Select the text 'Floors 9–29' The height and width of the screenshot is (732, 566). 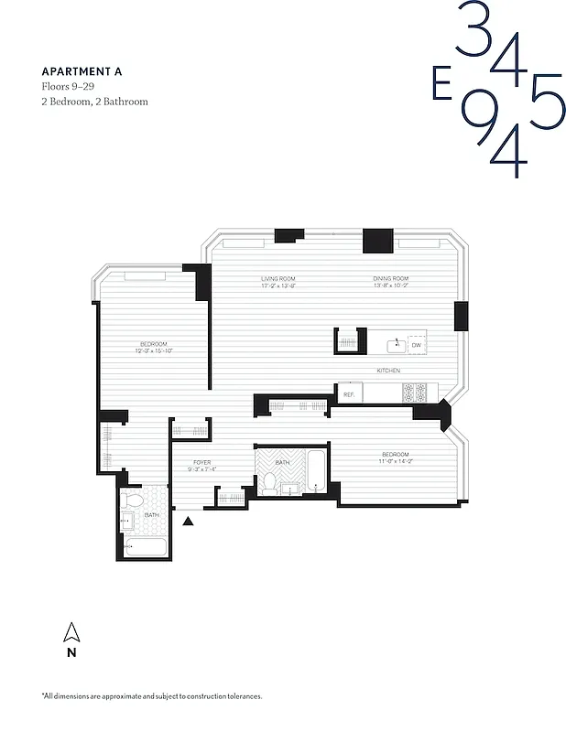click(68, 86)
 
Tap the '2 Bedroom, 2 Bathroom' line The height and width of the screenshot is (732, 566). click(94, 102)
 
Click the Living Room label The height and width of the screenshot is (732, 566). click(278, 282)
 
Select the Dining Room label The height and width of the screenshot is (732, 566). click(390, 282)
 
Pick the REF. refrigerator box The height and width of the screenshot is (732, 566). click(349, 393)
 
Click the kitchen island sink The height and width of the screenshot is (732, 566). click(396, 345)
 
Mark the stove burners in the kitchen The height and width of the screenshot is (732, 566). click(414, 393)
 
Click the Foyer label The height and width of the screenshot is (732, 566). click(201, 466)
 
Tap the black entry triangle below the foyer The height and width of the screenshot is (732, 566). click(189, 521)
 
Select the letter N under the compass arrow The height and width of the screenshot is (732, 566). click(71, 653)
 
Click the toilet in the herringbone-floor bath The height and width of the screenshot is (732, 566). click(270, 483)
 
